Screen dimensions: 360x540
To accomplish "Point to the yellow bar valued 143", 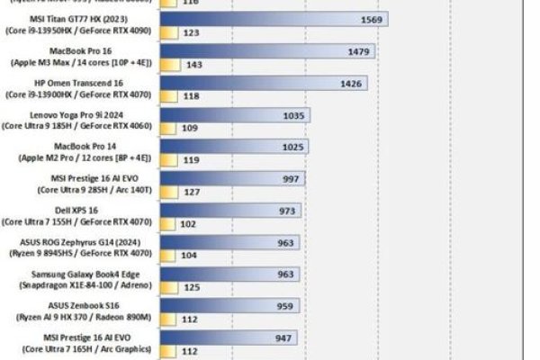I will point(170,64).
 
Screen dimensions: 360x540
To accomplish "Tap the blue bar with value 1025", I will point(234,147).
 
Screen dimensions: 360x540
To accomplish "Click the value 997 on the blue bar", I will point(291,179).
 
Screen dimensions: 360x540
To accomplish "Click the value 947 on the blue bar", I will point(284,339).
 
